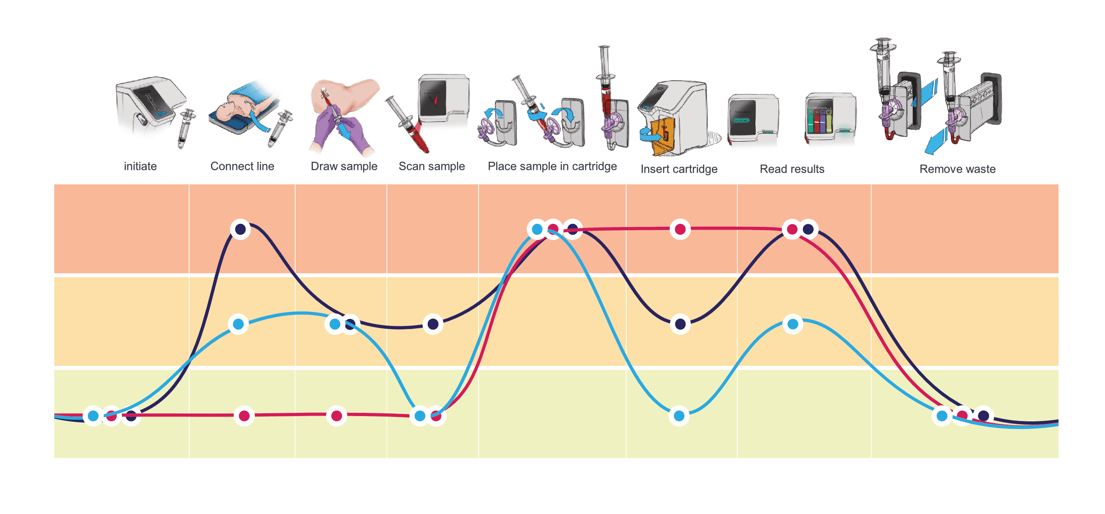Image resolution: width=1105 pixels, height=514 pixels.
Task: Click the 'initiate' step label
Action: (x=140, y=166)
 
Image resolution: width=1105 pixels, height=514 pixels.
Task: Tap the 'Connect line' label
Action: (x=242, y=166)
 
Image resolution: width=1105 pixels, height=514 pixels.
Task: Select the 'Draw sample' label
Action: (x=344, y=166)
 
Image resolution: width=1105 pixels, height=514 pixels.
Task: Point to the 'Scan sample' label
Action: (x=431, y=166)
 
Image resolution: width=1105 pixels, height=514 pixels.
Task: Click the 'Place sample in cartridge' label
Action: (x=552, y=166)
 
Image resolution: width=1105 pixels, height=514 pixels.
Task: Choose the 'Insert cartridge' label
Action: (x=679, y=169)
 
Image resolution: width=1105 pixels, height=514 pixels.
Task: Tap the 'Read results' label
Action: (x=792, y=169)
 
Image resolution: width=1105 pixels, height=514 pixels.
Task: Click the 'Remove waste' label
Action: (x=957, y=169)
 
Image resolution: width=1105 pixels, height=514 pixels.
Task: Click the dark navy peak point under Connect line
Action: (x=241, y=229)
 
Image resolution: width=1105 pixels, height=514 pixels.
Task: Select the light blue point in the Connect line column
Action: (x=239, y=324)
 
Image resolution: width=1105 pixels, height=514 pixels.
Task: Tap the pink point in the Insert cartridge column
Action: (x=680, y=229)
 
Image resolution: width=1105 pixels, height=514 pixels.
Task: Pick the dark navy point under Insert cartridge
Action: (x=680, y=324)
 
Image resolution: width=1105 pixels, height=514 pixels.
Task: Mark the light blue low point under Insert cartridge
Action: (x=679, y=415)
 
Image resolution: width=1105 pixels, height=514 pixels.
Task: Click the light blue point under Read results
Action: (x=793, y=324)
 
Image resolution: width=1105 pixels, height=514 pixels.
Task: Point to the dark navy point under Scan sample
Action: (x=433, y=324)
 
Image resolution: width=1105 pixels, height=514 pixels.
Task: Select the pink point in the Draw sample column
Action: (x=337, y=415)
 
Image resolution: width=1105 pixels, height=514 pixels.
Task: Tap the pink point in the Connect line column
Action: (x=244, y=415)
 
